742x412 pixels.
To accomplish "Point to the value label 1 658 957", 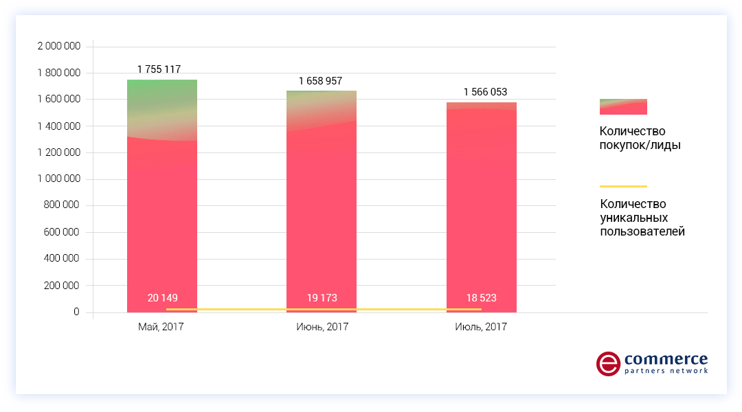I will (x=320, y=81).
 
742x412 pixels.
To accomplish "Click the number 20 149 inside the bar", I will (x=162, y=298).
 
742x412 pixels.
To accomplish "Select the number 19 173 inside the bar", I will (x=322, y=298).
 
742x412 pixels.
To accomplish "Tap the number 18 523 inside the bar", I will (x=481, y=298).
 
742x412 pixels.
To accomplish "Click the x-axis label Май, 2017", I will (x=161, y=327).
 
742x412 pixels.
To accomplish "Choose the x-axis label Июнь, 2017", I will (x=321, y=327).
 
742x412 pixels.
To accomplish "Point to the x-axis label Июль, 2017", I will (x=481, y=327).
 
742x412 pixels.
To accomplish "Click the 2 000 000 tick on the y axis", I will (x=58, y=46).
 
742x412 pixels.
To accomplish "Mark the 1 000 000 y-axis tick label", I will (x=58, y=179).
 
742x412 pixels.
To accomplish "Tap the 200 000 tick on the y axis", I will (x=63, y=286).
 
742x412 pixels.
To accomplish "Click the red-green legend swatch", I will (x=623, y=106).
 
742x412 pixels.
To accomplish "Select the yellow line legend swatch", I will (x=623, y=186).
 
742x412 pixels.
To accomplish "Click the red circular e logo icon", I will (x=608, y=364).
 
